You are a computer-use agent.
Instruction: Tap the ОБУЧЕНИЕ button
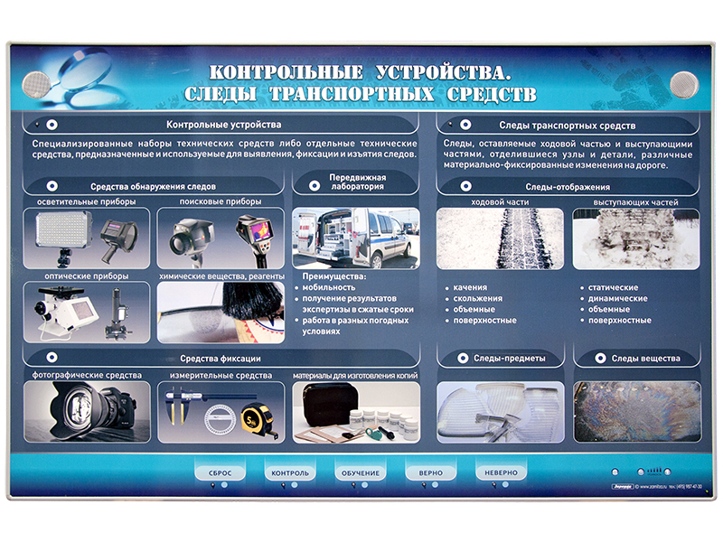[361, 472]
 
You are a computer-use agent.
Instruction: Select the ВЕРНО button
[430, 472]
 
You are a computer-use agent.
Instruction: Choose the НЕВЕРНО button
[500, 472]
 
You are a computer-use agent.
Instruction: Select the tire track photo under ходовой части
[500, 239]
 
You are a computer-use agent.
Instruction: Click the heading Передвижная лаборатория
[356, 183]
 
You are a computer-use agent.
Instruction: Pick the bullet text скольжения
[479, 298]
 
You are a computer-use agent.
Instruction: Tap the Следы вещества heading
[643, 359]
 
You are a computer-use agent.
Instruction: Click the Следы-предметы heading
[509, 359]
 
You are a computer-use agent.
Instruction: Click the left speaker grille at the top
[33, 84]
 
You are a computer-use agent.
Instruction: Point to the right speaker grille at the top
[685, 84]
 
